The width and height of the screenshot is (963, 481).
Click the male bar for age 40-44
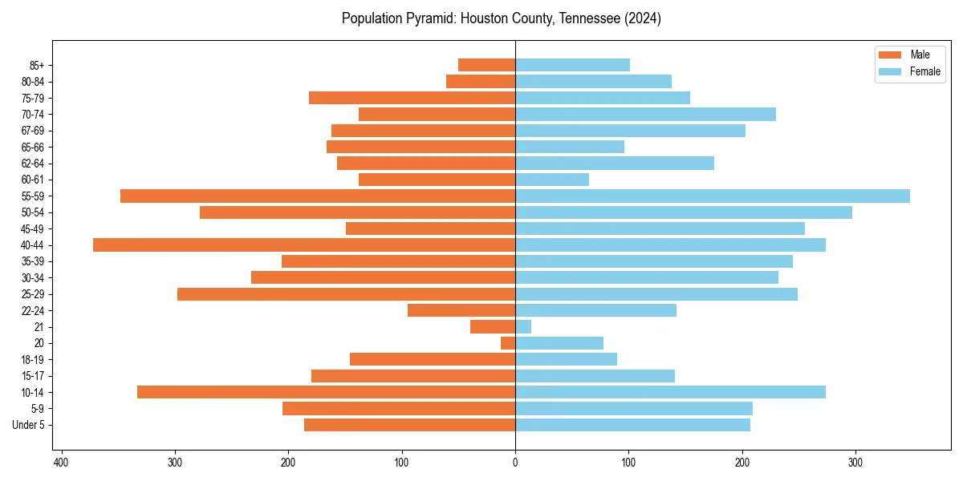pyautogui.click(x=304, y=245)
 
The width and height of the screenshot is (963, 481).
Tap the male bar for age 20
pyautogui.click(x=508, y=343)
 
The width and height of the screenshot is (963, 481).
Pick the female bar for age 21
pyautogui.click(x=523, y=327)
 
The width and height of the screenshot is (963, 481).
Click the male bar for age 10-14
pyautogui.click(x=326, y=392)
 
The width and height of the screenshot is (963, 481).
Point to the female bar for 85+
pyautogui.click(x=572, y=65)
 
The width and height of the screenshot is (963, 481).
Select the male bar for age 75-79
pyautogui.click(x=412, y=98)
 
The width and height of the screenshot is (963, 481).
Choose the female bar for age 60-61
pyautogui.click(x=552, y=180)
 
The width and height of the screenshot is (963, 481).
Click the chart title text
pyautogui.click(x=501, y=18)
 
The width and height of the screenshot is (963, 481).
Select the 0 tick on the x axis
pyautogui.click(x=515, y=462)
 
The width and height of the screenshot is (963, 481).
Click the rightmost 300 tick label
pyautogui.click(x=855, y=462)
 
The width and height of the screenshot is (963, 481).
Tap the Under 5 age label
pyautogui.click(x=28, y=425)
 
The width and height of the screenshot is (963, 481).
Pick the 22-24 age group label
pyautogui.click(x=32, y=310)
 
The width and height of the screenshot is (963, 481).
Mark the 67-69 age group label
pyautogui.click(x=32, y=131)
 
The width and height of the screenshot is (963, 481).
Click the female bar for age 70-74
pyautogui.click(x=645, y=115)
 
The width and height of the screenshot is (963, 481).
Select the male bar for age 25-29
pyautogui.click(x=346, y=294)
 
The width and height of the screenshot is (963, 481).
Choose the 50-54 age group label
pyautogui.click(x=32, y=212)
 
